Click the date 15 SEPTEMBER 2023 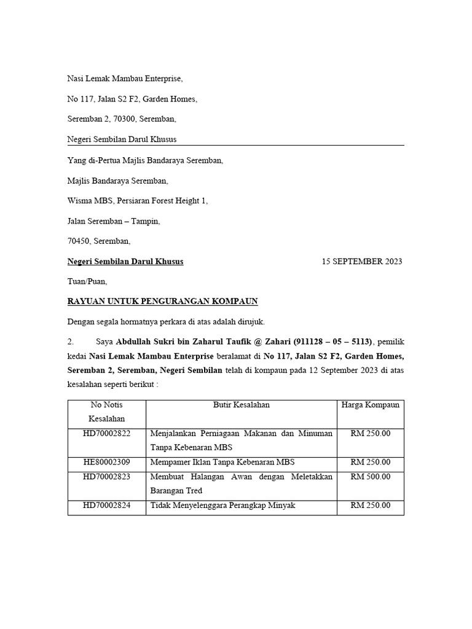[361, 261]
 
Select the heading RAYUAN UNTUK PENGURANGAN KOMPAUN [162, 301]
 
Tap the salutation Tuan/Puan [87, 281]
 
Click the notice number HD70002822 [106, 434]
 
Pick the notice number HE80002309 [106, 462]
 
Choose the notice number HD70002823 [106, 477]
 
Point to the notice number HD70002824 [106, 505]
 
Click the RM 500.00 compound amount [370, 477]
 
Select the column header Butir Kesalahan [241, 405]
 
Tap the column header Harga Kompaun [370, 405]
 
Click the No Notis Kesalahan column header [106, 412]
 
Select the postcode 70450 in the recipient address [79, 241]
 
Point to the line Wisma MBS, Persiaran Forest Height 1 [138, 201]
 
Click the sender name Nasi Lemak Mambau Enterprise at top [125, 79]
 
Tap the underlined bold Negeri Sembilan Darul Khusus [125, 261]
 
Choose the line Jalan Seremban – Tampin [114, 221]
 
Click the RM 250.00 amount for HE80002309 [370, 462]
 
